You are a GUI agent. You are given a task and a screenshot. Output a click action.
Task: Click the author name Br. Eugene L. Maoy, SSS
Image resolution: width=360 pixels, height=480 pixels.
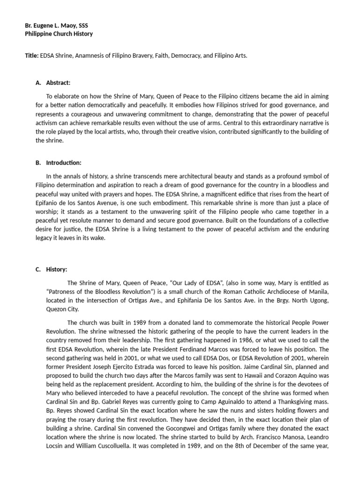(x=55, y=25)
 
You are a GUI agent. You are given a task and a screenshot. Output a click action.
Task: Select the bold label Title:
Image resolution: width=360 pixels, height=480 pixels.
(x=32, y=55)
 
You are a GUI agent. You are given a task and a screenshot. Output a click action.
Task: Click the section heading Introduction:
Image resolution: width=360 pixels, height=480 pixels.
(x=64, y=163)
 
